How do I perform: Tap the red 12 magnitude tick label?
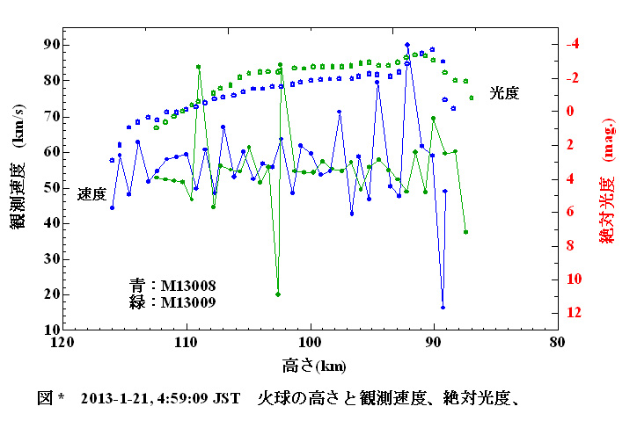(575, 313)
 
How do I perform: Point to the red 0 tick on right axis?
(571, 112)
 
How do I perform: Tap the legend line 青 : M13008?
(172, 286)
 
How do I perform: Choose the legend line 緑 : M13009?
(172, 301)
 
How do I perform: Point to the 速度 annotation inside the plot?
(92, 193)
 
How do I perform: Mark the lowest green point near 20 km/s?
(278, 294)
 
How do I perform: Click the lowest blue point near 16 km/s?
(443, 308)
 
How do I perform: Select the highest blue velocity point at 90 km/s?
(407, 44)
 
